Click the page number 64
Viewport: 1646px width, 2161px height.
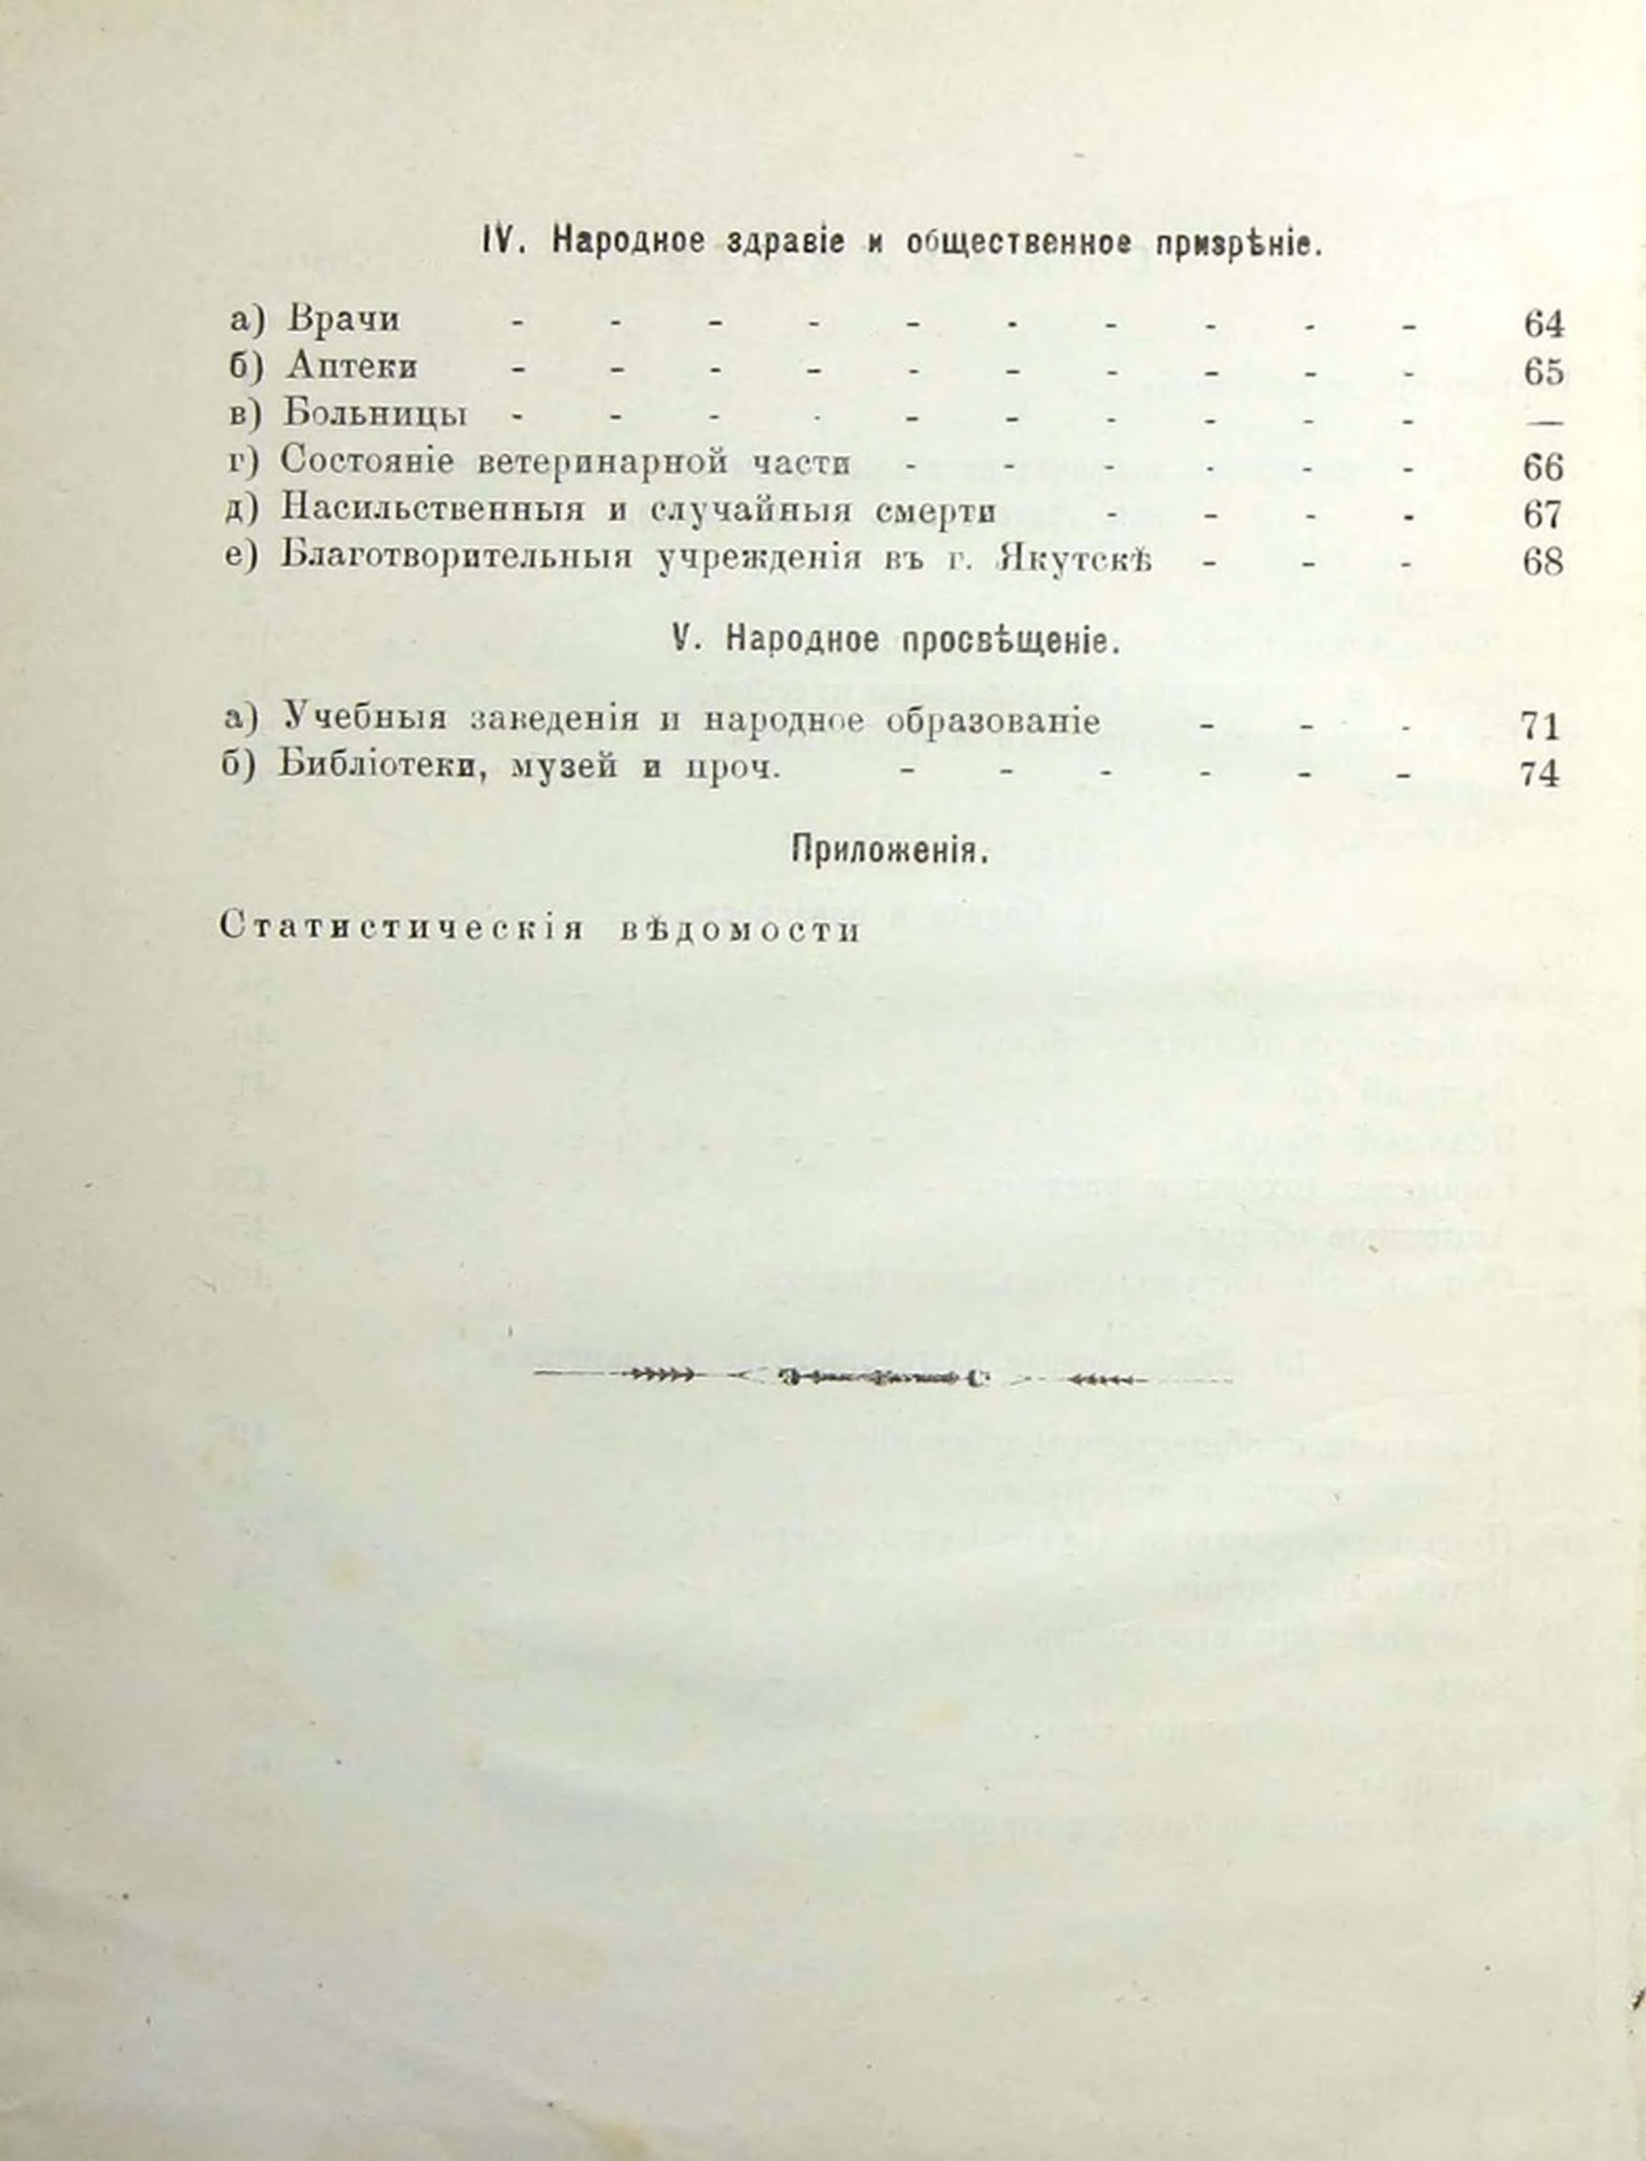click(1543, 325)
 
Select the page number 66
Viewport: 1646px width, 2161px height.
click(1543, 467)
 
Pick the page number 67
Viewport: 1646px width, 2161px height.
click(1543, 515)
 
